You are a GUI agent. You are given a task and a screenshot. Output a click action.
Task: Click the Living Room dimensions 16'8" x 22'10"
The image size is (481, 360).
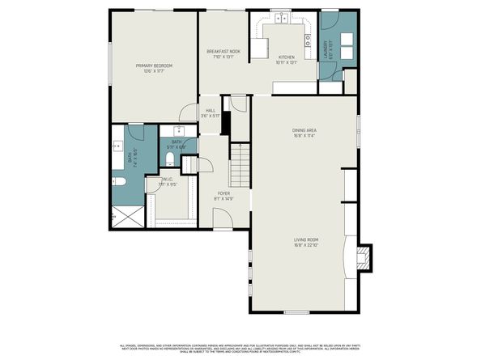coord(305,245)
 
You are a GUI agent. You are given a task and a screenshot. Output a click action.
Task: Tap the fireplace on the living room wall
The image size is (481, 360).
coord(365,257)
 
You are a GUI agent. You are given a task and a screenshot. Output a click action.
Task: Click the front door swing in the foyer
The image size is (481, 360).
coord(220,215)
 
